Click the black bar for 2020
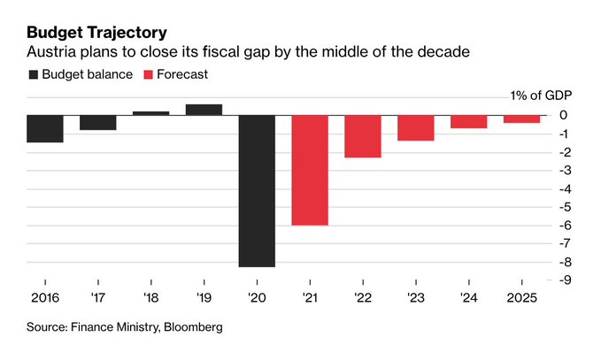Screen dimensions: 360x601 point(257,190)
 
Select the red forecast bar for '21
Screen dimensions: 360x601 point(310,170)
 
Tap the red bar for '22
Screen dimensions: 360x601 point(363,136)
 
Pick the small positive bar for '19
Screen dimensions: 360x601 point(204,110)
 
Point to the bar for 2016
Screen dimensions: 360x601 point(44,128)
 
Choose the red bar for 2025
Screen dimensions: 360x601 point(521,119)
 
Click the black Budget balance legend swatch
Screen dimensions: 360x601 point(34,74)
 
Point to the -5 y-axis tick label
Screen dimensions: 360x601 point(564,207)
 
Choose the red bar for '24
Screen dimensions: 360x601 point(469,122)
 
